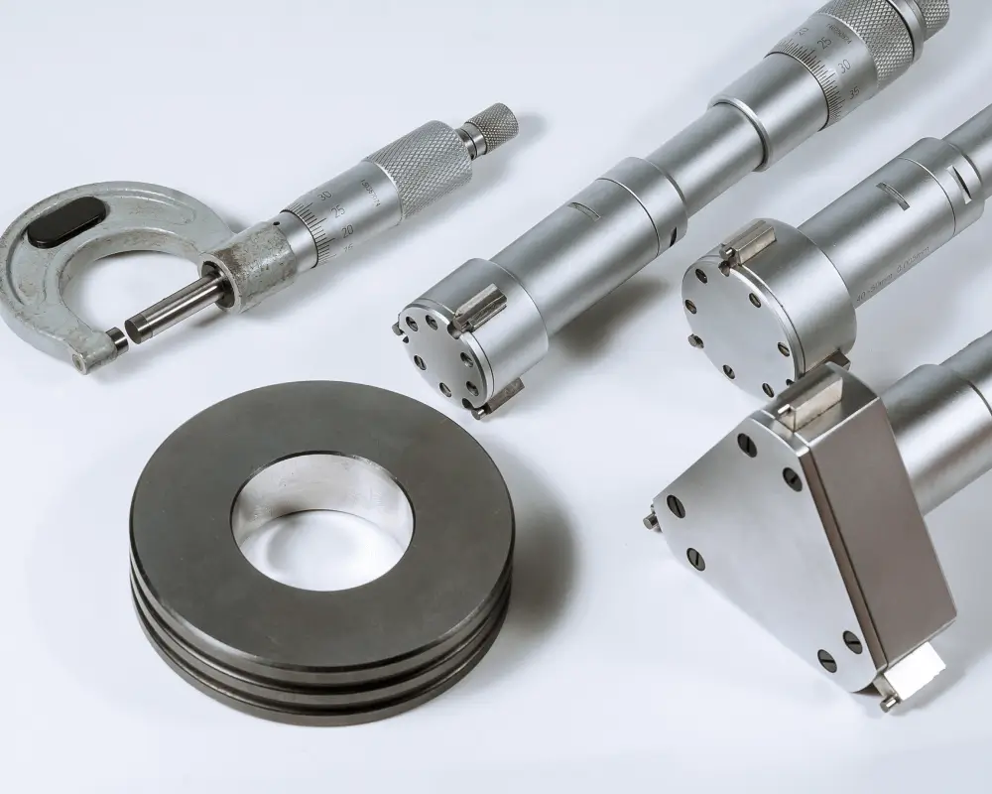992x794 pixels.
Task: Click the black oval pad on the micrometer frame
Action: click(65, 223)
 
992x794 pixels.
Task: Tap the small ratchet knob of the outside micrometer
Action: click(492, 128)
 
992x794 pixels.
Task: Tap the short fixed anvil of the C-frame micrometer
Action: click(117, 339)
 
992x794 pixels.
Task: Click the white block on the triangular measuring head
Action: click(917, 682)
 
